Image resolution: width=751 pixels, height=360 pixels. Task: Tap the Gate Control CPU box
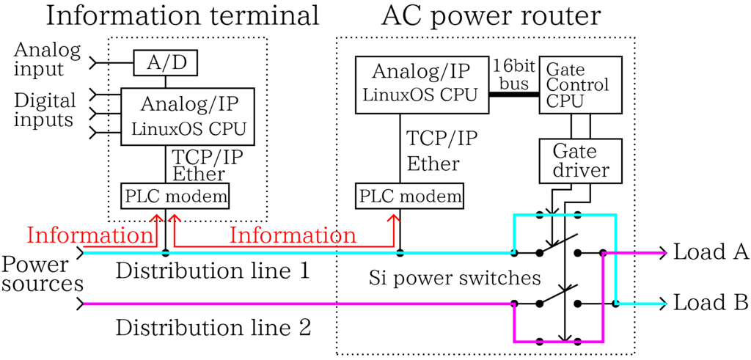click(580, 84)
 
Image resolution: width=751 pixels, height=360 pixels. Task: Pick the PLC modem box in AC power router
click(411, 196)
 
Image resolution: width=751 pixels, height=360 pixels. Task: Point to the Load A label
click(710, 252)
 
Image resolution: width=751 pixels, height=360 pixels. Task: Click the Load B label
click(710, 302)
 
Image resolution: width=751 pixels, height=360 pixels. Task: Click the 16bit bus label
click(514, 73)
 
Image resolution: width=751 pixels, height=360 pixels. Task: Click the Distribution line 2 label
click(213, 327)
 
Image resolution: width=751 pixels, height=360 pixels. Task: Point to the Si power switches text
click(455, 279)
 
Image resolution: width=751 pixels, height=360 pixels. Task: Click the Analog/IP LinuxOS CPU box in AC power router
click(422, 84)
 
